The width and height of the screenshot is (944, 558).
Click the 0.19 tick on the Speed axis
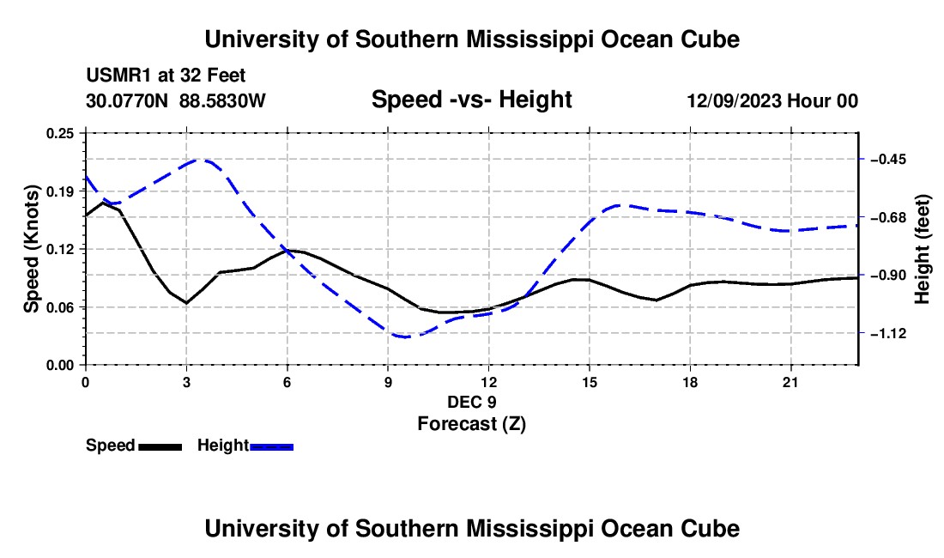[59, 191]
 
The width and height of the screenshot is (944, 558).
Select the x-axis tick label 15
[590, 382]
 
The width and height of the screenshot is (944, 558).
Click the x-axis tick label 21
[790, 382]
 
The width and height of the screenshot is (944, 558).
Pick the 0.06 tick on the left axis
[59, 307]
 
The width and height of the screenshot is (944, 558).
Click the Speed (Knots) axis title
[31, 249]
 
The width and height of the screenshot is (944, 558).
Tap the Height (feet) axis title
[922, 249]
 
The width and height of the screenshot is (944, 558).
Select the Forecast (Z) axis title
[472, 424]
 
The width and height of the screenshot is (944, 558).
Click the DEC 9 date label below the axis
[472, 402]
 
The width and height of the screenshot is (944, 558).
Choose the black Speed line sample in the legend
[160, 446]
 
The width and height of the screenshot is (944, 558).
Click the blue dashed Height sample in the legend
[271, 446]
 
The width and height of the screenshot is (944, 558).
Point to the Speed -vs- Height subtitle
[471, 100]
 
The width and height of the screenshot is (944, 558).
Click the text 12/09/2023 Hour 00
[772, 100]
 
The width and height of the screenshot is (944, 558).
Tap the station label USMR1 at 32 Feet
[166, 76]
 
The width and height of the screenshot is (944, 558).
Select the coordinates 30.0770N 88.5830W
[176, 100]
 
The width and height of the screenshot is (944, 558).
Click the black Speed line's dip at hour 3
[186, 303]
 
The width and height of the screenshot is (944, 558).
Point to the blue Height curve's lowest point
[403, 337]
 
